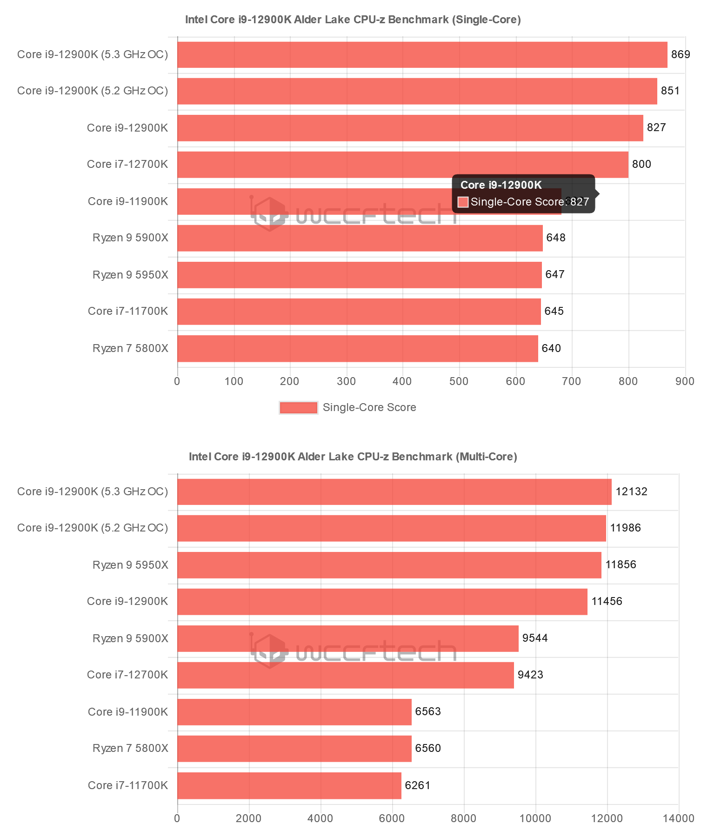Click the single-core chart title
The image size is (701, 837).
[353, 20]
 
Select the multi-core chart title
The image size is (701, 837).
[353, 457]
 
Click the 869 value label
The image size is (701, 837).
[681, 54]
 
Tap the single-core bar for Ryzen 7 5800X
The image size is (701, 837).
[357, 348]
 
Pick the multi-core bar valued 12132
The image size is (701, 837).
[394, 492]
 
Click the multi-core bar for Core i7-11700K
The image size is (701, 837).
[289, 785]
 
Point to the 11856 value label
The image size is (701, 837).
[621, 565]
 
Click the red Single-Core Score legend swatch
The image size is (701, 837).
[298, 408]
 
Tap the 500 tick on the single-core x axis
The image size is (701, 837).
[459, 381]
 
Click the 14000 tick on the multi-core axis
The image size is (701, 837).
[679, 818]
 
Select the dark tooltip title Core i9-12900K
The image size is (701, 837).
[501, 185]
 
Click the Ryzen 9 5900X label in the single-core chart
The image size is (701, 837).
[130, 238]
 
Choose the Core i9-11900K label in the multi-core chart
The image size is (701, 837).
[128, 711]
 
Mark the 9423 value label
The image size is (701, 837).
[530, 675]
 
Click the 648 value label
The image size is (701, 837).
[556, 238]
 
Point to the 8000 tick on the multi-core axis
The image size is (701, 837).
[464, 818]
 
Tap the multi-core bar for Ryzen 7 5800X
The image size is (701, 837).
[294, 749]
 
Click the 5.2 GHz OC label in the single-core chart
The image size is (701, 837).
[93, 91]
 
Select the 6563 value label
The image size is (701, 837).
[428, 711]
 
